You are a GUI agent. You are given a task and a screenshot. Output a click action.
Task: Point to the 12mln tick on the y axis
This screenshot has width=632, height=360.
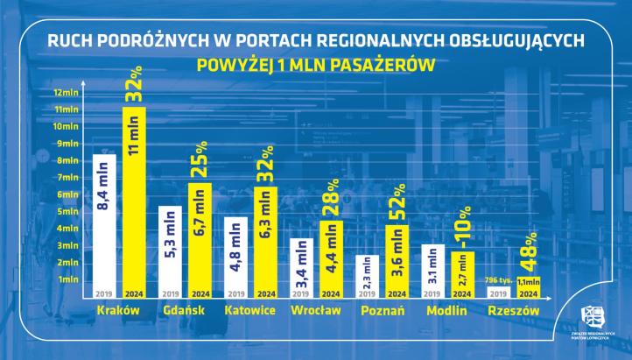click(67, 93)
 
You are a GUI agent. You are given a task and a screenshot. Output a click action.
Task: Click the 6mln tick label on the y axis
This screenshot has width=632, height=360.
click(67, 194)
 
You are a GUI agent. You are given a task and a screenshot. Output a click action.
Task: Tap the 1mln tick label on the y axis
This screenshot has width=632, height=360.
click(67, 279)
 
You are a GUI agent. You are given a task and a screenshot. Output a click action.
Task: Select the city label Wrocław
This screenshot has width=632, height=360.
click(312, 311)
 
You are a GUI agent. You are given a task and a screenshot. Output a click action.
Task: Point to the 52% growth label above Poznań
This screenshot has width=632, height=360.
click(396, 202)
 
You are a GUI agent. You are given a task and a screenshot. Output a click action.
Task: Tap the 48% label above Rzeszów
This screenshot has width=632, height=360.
click(526, 253)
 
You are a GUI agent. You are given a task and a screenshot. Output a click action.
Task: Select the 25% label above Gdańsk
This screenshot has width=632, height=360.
click(200, 159)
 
